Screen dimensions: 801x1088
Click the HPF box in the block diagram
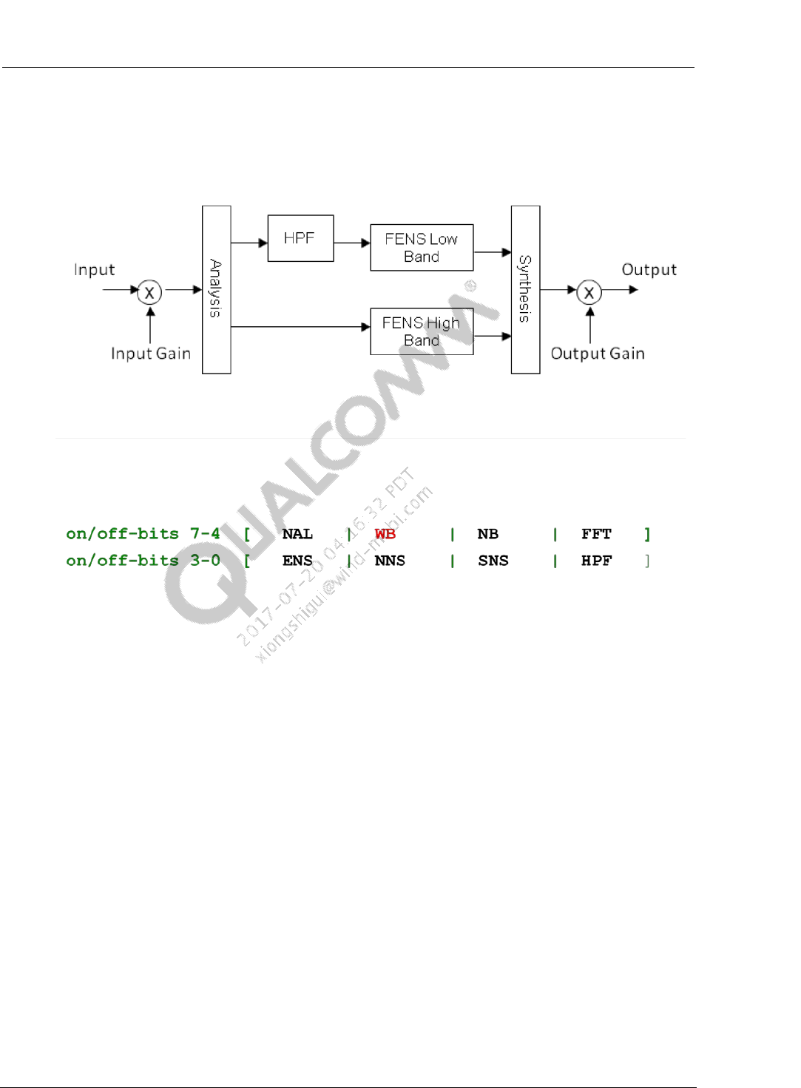(x=300, y=238)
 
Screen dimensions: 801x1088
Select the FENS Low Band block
(x=422, y=248)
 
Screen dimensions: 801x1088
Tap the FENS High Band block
(x=422, y=331)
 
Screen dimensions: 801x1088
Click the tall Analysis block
(x=216, y=289)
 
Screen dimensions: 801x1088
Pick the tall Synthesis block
(x=525, y=289)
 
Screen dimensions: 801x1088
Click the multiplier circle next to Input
(x=149, y=292)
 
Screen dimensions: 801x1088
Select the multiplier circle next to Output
(x=589, y=292)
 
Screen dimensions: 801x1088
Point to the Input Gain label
(x=151, y=354)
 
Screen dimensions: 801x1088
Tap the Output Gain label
(x=598, y=354)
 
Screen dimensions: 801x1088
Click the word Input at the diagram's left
(x=95, y=270)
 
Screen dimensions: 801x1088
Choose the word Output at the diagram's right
(x=649, y=270)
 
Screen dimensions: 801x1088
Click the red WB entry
(x=385, y=534)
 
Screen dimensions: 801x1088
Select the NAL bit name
(x=297, y=534)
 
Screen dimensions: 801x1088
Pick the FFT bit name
(x=596, y=534)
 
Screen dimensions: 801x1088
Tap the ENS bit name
(x=297, y=561)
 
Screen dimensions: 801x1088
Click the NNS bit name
(x=390, y=561)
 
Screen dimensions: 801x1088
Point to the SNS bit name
(x=493, y=561)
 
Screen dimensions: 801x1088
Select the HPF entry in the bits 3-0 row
(x=596, y=561)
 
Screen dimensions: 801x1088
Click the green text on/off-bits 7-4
(x=143, y=534)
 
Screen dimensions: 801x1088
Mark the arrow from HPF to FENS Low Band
(x=352, y=243)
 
